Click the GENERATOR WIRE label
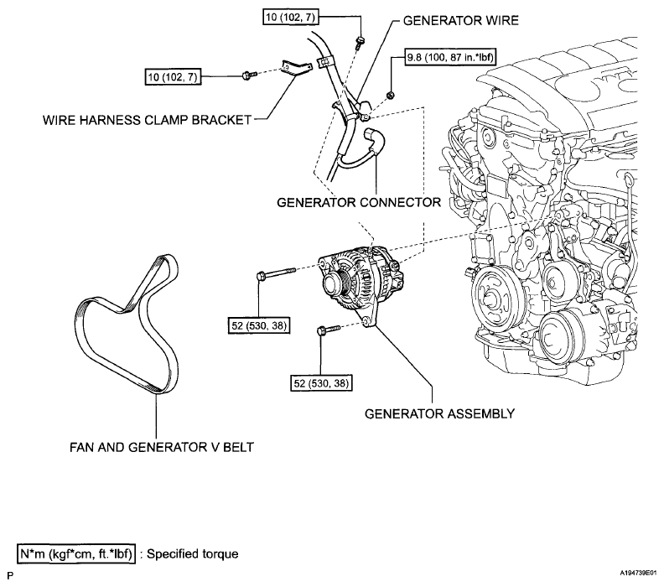click(460, 20)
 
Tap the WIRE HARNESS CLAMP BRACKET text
click(147, 120)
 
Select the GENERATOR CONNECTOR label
click(359, 202)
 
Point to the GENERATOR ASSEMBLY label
click(439, 413)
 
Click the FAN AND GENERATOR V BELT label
click(161, 447)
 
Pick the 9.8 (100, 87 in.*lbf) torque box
click(450, 57)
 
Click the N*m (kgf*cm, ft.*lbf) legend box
click(76, 553)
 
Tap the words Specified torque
click(192, 554)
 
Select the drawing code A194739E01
click(638, 574)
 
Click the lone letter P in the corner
click(10, 575)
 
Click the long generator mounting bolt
click(276, 273)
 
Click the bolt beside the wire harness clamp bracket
click(248, 75)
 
